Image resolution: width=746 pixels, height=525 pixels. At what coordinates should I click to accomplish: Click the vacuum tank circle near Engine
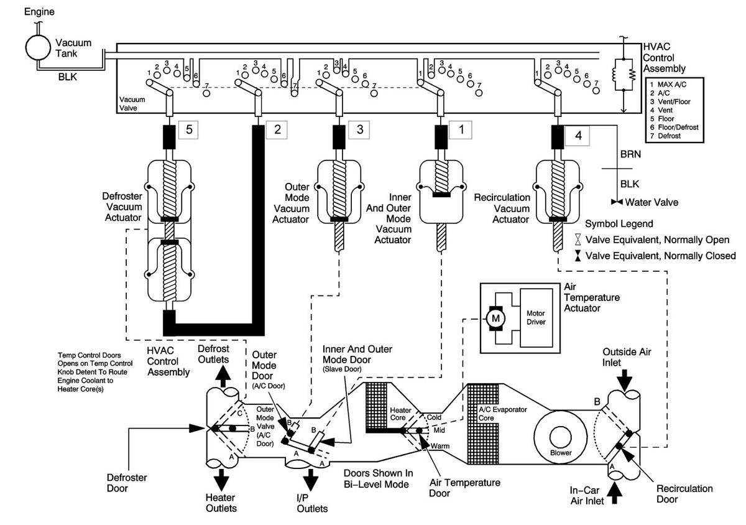[39, 48]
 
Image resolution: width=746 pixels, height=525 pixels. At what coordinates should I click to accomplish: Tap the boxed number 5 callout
[188, 129]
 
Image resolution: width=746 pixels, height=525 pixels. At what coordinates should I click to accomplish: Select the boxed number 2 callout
[277, 129]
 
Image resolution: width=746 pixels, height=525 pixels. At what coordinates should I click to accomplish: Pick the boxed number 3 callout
[359, 129]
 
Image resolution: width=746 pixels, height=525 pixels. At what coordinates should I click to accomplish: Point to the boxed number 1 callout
[461, 129]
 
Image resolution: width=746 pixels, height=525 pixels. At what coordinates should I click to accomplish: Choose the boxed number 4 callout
[578, 136]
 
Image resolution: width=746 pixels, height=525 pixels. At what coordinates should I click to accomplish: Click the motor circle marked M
[495, 318]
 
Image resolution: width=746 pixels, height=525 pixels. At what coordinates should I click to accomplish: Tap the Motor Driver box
[536, 318]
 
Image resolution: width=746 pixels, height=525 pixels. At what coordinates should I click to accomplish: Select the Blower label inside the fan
[561, 453]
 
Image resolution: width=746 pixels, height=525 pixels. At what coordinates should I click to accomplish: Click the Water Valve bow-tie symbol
[617, 202]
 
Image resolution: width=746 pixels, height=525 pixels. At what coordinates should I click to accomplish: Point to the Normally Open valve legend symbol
[578, 239]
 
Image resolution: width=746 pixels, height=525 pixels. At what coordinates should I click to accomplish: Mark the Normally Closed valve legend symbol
[578, 256]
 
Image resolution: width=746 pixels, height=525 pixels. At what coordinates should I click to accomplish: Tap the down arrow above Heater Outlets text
[221, 480]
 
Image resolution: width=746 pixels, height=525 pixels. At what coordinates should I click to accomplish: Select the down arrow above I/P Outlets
[311, 480]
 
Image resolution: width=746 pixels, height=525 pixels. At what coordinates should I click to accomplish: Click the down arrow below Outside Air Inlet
[624, 380]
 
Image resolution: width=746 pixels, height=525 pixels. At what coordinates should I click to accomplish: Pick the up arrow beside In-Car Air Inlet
[615, 493]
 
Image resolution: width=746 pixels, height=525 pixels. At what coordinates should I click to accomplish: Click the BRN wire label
[630, 154]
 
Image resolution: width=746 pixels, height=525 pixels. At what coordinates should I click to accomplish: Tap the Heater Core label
[400, 414]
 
